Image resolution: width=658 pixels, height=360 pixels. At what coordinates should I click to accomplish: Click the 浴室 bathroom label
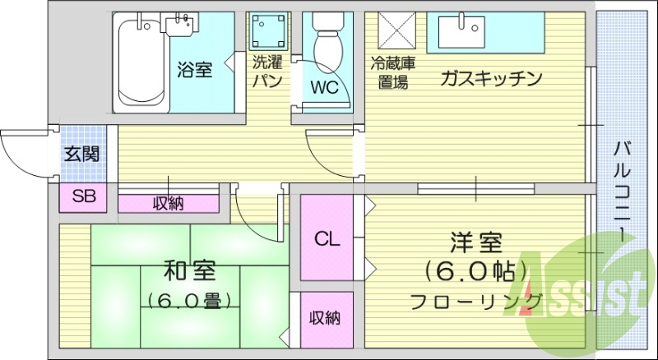click(195, 70)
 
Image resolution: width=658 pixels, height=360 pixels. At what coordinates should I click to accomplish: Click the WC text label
click(324, 85)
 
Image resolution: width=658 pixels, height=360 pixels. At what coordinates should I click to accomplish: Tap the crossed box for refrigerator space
click(394, 32)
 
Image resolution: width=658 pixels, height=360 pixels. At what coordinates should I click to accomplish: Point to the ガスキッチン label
click(491, 79)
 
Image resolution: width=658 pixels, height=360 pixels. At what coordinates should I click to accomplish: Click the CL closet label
click(327, 239)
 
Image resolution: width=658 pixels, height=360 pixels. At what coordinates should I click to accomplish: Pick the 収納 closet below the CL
click(326, 317)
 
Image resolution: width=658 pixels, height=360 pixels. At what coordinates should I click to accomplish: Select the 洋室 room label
click(476, 243)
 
